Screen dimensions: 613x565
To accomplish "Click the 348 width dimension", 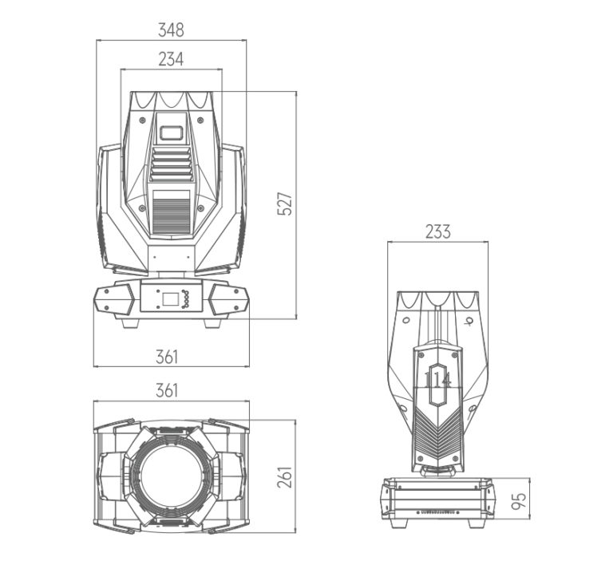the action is [171, 30].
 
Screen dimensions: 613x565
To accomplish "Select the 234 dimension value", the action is [171, 59].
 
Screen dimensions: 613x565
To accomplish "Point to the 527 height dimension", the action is [285, 203].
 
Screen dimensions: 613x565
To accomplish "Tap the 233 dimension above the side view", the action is [438, 231].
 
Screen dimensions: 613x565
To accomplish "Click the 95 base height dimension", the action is [519, 501].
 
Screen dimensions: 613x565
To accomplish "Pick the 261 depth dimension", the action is [285, 476].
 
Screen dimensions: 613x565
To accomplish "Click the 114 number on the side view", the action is [438, 379].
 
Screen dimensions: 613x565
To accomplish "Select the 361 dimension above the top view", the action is [167, 390].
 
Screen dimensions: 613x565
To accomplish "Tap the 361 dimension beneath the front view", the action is [167, 357].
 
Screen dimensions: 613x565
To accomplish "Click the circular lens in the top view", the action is [172, 477].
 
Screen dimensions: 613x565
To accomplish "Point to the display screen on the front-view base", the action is [170, 299].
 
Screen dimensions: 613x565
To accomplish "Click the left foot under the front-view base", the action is [130, 323].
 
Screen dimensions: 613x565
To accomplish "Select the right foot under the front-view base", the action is [212, 323].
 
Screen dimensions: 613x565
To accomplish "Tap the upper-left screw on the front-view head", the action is [142, 120].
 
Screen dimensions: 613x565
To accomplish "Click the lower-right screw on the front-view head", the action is [200, 208].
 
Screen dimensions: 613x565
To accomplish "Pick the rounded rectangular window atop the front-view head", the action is [172, 132].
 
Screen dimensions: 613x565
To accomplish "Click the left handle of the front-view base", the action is [114, 300].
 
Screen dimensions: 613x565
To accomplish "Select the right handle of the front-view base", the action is [229, 300].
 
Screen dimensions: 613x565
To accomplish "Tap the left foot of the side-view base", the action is [399, 524].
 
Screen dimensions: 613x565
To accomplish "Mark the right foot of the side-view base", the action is [478, 524].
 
